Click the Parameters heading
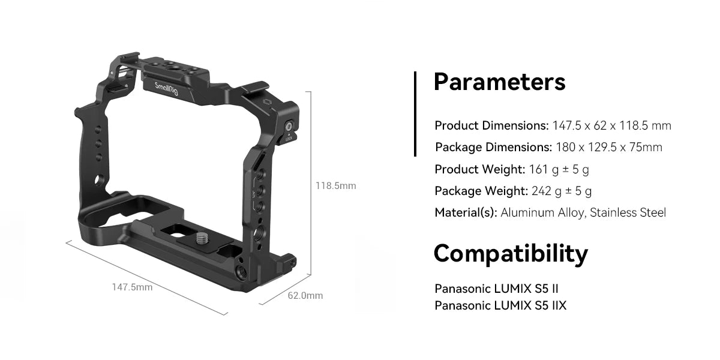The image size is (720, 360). coord(499,82)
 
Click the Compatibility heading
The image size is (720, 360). coord(510,254)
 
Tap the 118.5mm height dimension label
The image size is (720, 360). coord(335,186)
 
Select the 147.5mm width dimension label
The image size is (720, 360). coord(132,287)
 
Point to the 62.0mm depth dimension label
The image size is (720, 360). coord(305,295)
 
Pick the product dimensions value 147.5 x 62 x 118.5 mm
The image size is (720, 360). coord(611,126)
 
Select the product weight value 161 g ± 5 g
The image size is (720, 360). coord(559,169)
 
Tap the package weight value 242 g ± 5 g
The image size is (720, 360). coord(562,191)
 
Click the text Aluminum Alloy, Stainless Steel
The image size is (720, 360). coord(583,212)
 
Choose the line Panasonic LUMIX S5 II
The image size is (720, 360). coord(497,289)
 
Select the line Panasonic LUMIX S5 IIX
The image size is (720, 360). coord(500,306)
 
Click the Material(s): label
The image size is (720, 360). coord(466,212)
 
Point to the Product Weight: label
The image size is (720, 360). coord(480,169)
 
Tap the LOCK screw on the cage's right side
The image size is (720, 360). coord(289,127)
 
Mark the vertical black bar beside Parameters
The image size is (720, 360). coord(415,114)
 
